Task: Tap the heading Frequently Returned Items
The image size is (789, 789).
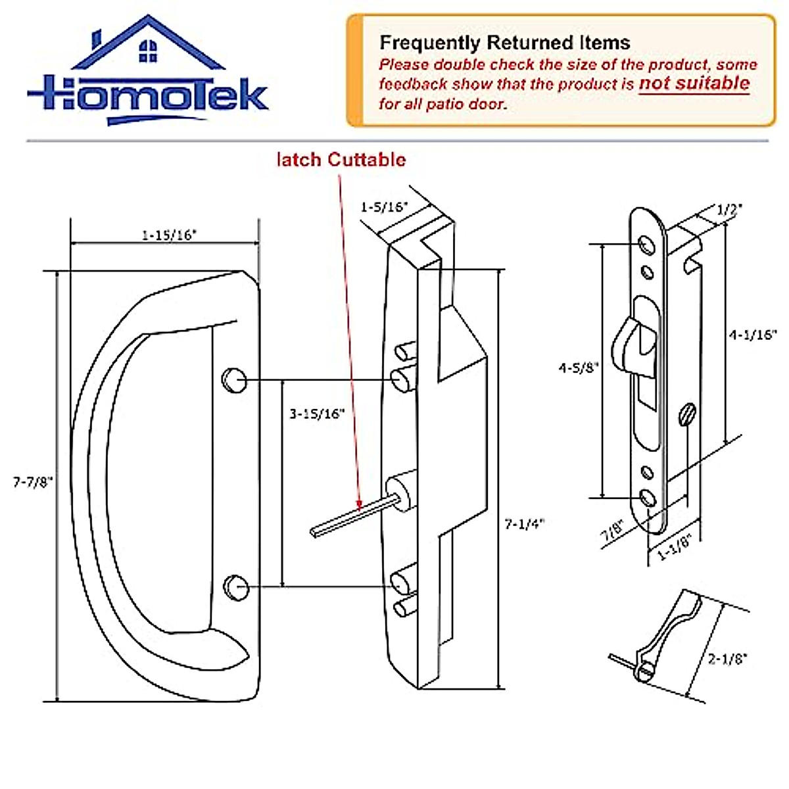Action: [504, 43]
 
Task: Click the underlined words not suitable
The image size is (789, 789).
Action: [694, 84]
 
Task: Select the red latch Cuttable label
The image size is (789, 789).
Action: [341, 160]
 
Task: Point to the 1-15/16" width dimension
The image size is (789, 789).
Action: [169, 235]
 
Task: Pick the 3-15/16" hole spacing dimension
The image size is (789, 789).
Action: [317, 414]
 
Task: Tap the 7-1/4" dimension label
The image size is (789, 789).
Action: [525, 524]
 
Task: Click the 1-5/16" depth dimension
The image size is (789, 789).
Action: [384, 206]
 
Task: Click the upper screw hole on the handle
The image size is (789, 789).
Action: [235, 380]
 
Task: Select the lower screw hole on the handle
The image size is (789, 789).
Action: [235, 586]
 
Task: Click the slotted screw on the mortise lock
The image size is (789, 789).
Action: [688, 414]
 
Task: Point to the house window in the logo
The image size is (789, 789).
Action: [148, 51]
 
